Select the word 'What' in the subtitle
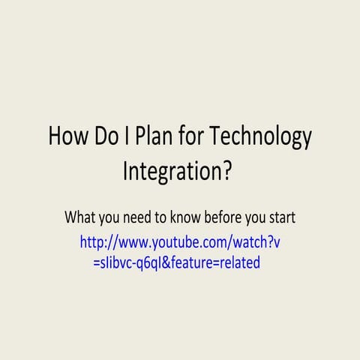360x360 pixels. coord(80,217)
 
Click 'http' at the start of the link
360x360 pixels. coord(93,242)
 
